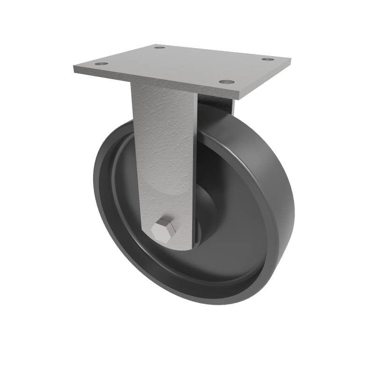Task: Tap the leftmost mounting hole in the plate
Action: (101, 63)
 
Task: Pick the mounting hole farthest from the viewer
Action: (160, 47)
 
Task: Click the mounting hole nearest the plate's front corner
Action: (227, 82)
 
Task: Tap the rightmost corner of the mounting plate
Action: (291, 60)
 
